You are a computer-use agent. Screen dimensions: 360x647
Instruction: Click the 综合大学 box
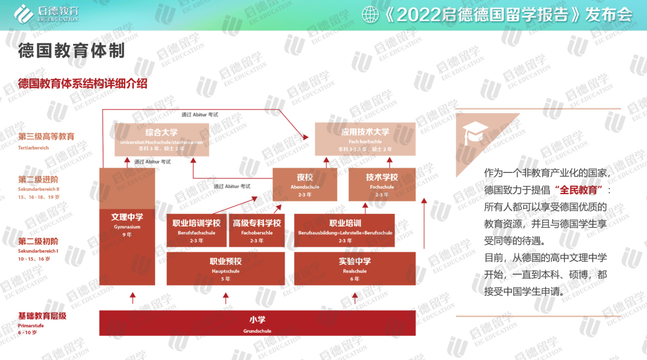pos(162,140)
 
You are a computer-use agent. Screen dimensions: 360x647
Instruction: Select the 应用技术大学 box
pos(365,140)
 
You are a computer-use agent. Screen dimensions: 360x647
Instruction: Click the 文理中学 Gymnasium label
pos(127,222)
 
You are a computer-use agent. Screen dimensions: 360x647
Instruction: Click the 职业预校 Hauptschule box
pos(225,268)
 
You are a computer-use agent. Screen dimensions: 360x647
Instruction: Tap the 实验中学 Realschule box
pos(355,268)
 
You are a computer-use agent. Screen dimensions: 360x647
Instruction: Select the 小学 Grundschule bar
pos(257,323)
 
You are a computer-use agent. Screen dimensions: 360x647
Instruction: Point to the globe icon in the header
pos(371,14)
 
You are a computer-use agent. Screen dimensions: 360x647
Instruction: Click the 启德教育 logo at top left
pos(46,13)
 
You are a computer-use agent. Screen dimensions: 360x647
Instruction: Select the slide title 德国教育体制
pos(71,50)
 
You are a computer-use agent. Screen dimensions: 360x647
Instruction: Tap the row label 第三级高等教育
pos(46,137)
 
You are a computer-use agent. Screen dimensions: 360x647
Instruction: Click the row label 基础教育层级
pos(42,316)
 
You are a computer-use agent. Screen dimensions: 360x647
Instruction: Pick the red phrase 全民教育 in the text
pos(579,189)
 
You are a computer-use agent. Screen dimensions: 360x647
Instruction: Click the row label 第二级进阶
pos(38,179)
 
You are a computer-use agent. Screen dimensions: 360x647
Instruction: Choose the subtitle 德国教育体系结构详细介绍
pos(83,84)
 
